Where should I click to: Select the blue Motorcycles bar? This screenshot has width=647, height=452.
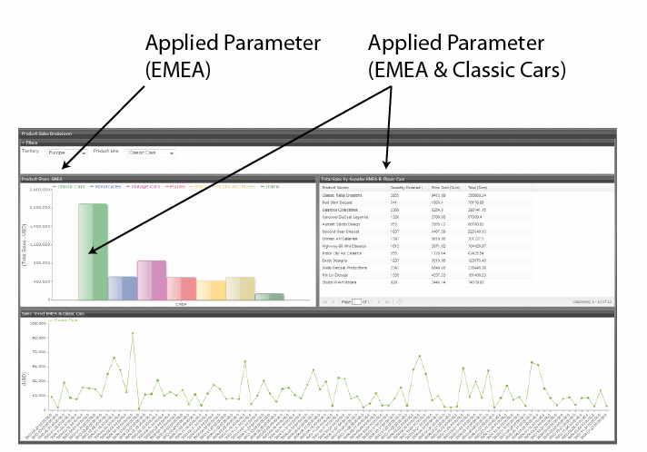tap(123, 288)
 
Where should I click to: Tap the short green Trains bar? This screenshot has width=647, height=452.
tap(269, 296)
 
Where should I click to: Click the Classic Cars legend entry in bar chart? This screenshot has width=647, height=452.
tap(70, 186)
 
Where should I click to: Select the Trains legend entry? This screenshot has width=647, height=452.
tap(271, 186)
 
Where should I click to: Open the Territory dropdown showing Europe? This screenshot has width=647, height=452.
tap(66, 152)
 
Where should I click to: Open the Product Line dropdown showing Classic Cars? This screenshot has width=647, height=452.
tap(150, 152)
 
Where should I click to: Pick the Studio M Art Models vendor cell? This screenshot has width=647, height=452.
tap(339, 282)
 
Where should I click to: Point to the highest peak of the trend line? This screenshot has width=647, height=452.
tap(133, 333)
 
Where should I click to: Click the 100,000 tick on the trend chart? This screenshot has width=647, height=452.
tap(37, 323)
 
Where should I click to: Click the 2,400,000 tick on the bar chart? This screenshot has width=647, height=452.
tap(38, 191)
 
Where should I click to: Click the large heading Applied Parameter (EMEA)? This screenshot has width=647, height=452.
tap(233, 56)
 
